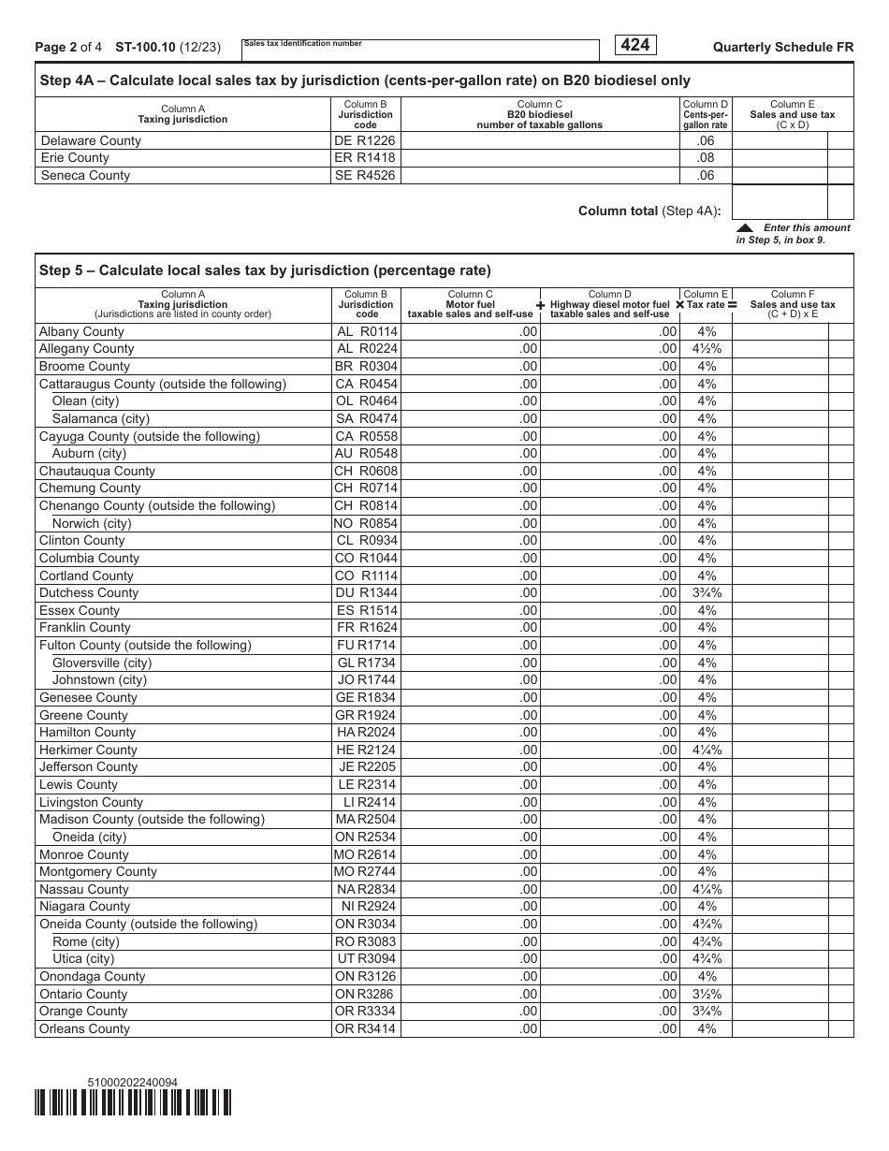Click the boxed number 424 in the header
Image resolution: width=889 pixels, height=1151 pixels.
635,45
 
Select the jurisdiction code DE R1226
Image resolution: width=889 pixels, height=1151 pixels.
365,140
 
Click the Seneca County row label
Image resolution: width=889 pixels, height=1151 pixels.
85,175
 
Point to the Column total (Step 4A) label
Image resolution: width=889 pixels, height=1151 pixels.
649,211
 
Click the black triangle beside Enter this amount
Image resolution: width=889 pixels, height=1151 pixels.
745,227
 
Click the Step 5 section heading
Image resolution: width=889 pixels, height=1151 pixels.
265,271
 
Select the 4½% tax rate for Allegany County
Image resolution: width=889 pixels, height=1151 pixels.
707,349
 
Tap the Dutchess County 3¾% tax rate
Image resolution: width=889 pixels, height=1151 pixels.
707,593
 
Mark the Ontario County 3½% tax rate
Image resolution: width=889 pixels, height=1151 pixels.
707,994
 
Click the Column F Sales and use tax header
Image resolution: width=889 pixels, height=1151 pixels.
792,304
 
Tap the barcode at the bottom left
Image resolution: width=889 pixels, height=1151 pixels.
133,1103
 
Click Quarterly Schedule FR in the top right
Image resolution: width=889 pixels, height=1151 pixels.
782,47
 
